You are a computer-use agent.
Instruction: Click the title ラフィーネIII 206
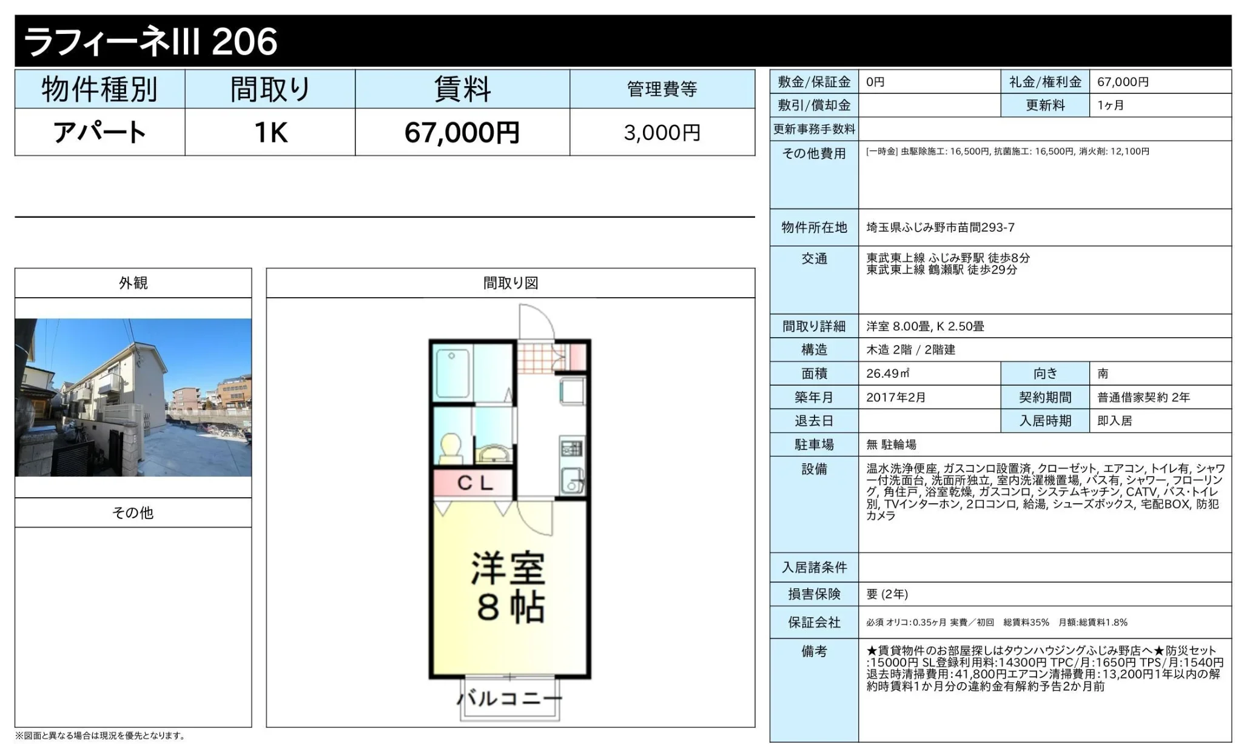[150, 41]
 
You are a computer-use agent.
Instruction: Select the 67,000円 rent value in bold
[462, 132]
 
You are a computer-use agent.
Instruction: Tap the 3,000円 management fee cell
[662, 132]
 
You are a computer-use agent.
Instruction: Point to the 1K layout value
[271, 132]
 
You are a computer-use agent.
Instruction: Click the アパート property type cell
[100, 132]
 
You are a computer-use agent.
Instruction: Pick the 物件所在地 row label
[814, 227]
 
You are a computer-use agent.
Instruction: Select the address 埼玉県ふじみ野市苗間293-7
[940, 227]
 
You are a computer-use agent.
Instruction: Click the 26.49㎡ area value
[887, 374]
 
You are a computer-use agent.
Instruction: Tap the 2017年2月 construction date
[896, 397]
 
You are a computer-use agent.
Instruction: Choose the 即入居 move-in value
[1115, 421]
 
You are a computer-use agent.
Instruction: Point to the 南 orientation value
[1103, 374]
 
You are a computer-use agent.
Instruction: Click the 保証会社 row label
[814, 622]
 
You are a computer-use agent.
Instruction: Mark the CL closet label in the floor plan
[475, 483]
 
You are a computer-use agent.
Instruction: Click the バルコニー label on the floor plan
[509, 699]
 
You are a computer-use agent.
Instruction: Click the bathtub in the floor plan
[452, 374]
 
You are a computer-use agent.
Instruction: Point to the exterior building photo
[133, 397]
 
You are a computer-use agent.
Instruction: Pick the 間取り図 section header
[511, 283]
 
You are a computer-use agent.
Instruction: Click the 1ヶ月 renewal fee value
[1111, 105]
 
